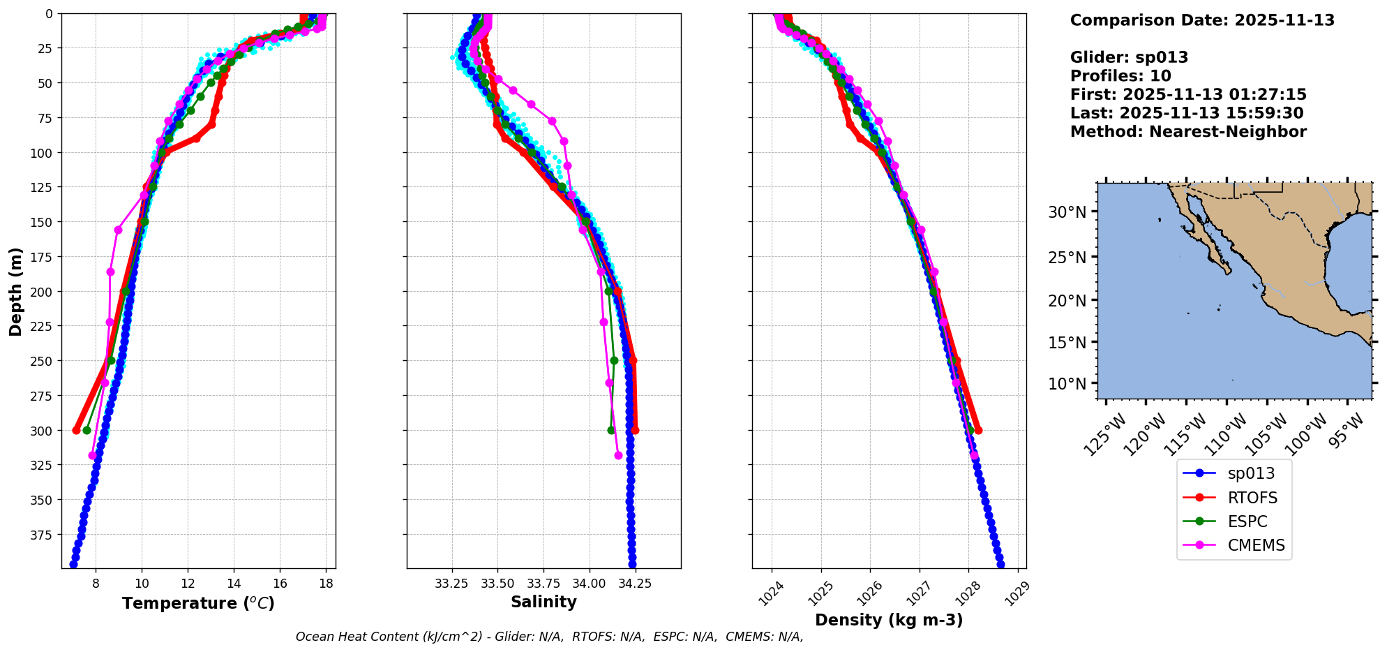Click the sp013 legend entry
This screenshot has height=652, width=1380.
(1251, 473)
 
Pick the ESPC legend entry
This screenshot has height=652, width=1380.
(1247, 521)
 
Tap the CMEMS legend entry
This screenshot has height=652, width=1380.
(1256, 545)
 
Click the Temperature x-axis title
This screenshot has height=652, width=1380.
(198, 603)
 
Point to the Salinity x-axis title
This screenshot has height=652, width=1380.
(543, 602)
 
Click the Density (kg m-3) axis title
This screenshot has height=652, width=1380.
(889, 620)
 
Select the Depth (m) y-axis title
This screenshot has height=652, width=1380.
(15, 291)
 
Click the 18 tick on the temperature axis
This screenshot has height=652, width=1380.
(326, 584)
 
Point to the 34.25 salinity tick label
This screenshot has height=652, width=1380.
(635, 584)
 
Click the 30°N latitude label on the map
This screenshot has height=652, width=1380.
(1067, 212)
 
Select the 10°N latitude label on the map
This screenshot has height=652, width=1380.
(1067, 384)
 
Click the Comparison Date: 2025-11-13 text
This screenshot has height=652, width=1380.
(1202, 20)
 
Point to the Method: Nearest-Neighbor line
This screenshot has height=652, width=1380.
(1188, 132)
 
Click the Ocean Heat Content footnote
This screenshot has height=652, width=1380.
(549, 637)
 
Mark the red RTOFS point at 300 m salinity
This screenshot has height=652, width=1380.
(635, 430)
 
